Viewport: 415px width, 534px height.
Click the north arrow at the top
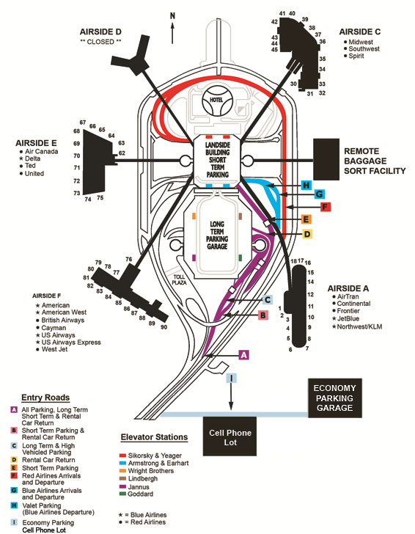coord(172,33)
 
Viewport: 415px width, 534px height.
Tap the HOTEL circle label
coord(216,100)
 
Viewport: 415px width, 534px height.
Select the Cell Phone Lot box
coord(229,436)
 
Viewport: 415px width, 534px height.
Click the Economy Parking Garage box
coord(335,398)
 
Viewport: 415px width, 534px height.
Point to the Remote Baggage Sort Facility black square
coord(326,159)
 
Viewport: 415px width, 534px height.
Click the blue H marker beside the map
coord(306,186)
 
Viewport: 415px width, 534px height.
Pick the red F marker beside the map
coord(326,207)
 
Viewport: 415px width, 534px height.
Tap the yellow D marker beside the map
coord(307,234)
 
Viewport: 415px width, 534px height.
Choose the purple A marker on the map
coord(243,355)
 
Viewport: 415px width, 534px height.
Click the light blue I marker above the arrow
coord(231,378)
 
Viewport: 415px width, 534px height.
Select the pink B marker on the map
coord(262,315)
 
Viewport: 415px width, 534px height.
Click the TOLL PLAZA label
coord(179,279)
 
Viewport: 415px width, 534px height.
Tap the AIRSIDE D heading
coord(100,32)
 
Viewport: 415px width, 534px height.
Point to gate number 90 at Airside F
coord(164,327)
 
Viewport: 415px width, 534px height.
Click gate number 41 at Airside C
coord(282,13)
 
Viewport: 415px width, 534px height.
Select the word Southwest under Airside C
coord(364,48)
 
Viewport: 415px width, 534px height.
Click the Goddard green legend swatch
coord(122,494)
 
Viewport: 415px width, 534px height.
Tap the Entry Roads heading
coord(45,398)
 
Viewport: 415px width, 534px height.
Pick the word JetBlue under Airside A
coord(348,319)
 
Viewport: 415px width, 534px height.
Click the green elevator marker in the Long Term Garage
coord(240,257)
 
